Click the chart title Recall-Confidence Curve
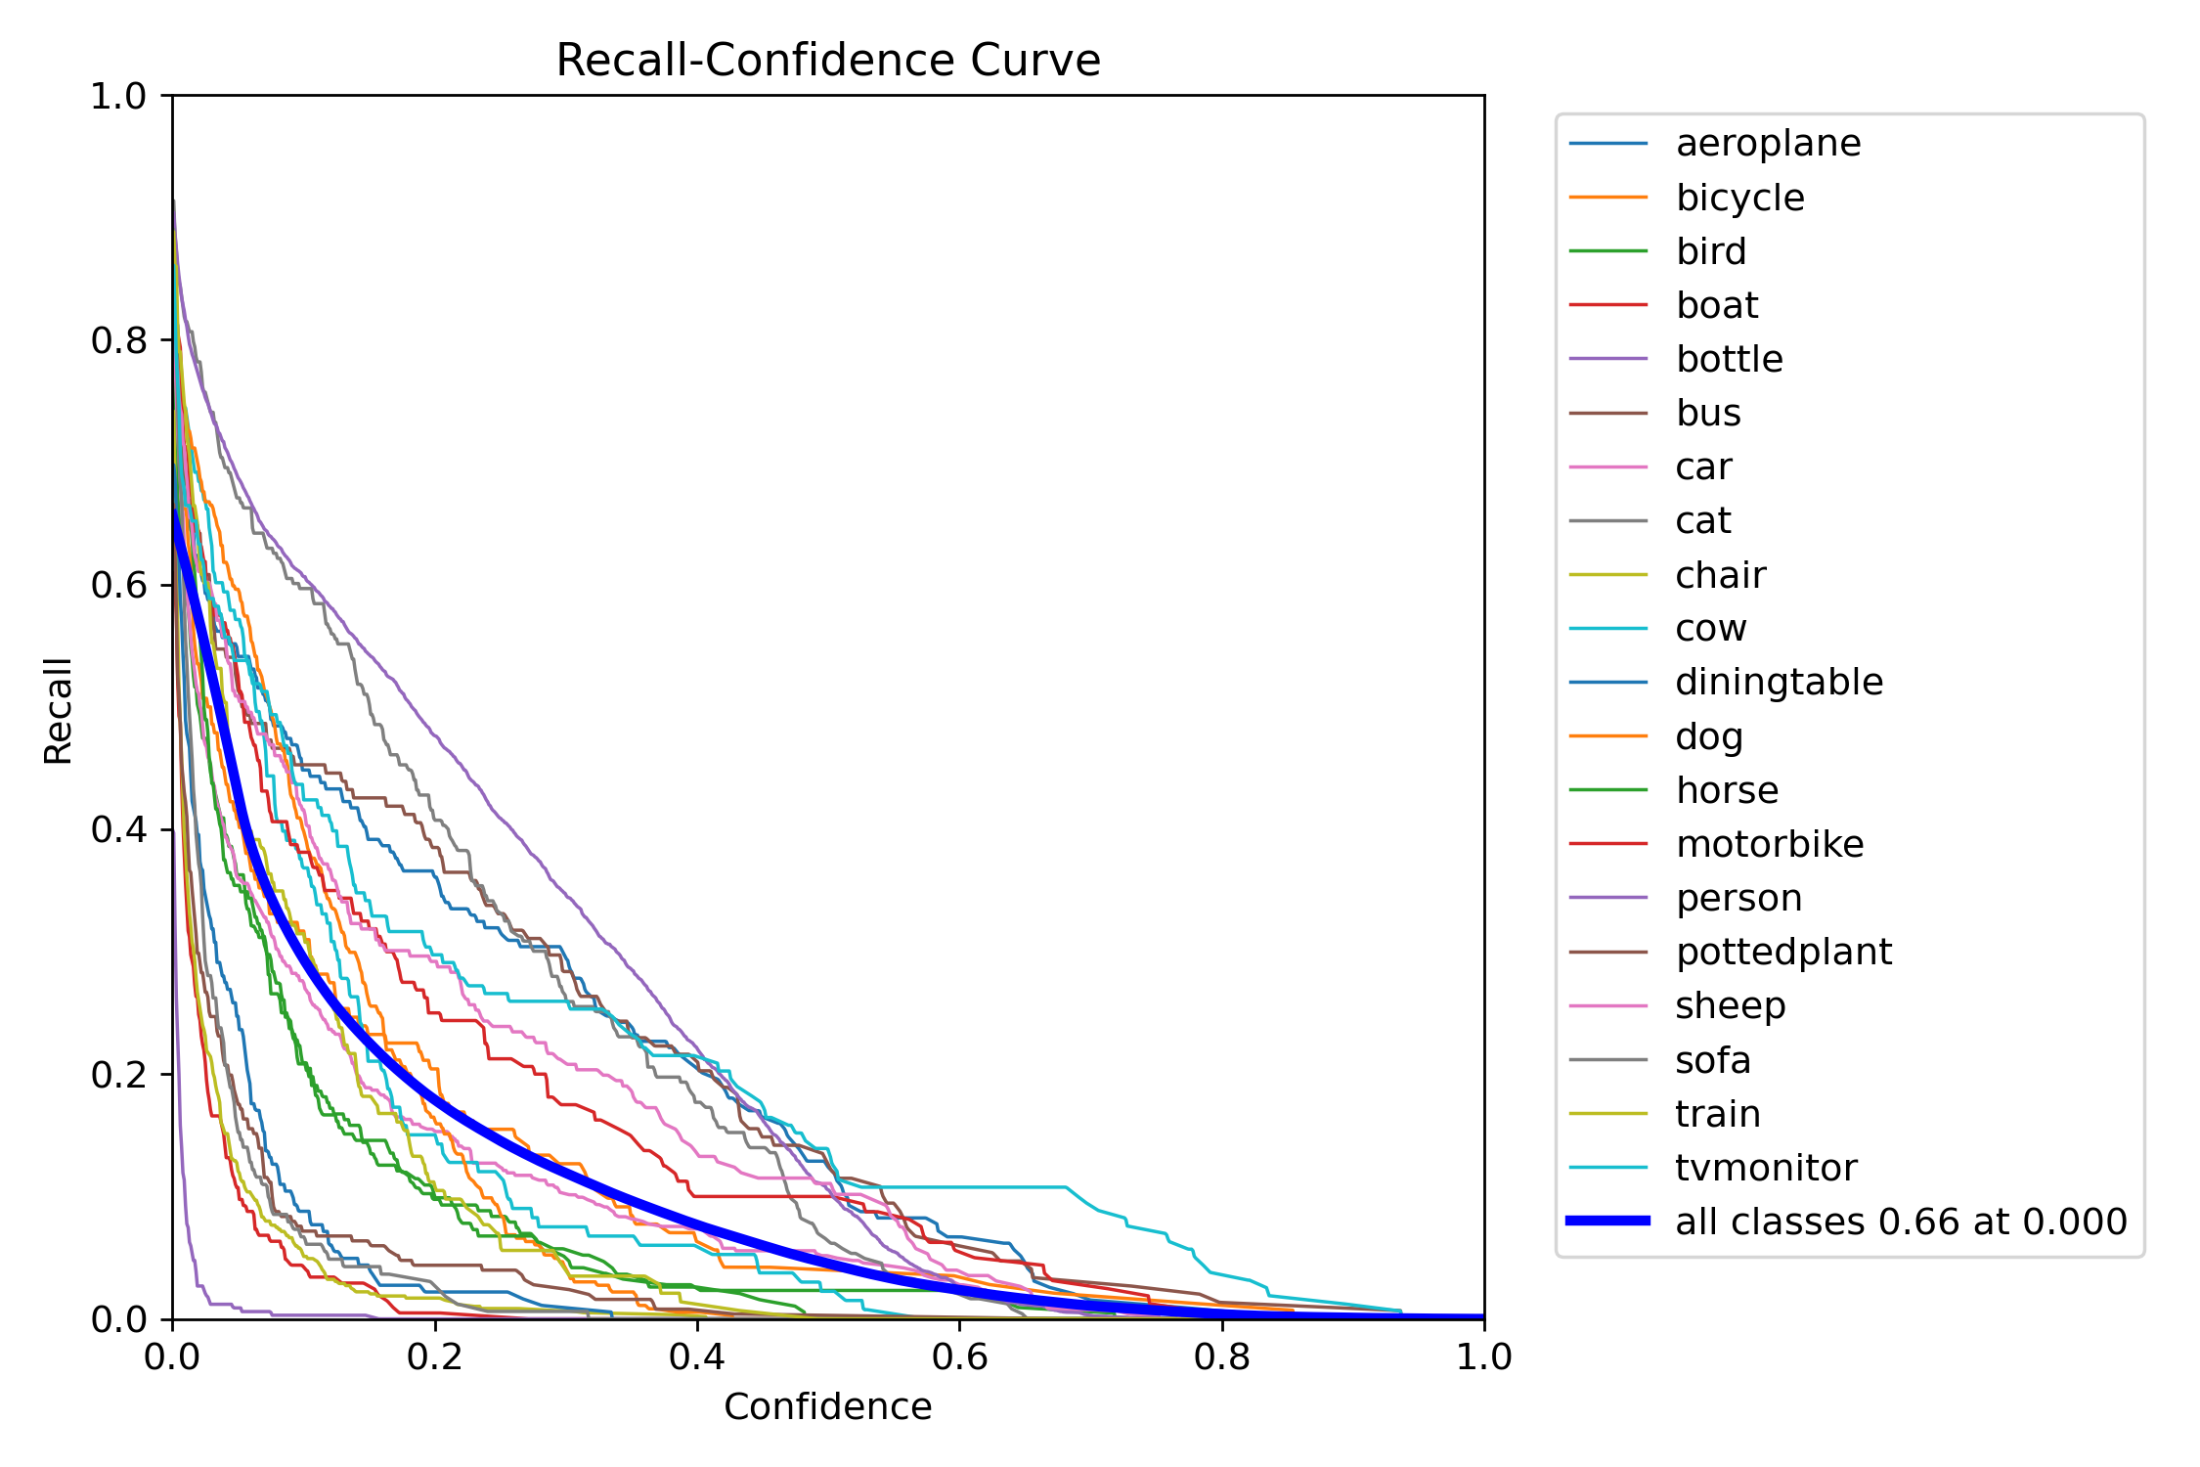click(x=827, y=61)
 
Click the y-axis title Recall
click(x=59, y=711)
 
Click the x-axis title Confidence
click(x=827, y=1406)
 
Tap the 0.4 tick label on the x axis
click(x=697, y=1356)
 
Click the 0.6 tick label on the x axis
click(x=959, y=1356)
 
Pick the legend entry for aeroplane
click(x=1768, y=144)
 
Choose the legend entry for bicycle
click(x=1739, y=198)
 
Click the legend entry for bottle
click(x=1729, y=359)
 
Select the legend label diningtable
click(x=1779, y=682)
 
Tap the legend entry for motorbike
click(x=1769, y=844)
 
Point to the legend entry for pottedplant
click(x=1783, y=952)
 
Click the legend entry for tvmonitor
click(x=1766, y=1168)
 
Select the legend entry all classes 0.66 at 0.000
click(x=1900, y=1222)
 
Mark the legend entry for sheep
click(x=1730, y=1005)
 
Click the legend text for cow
click(x=1710, y=628)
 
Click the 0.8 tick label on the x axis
click(x=1221, y=1356)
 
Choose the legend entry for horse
click(x=1727, y=790)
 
